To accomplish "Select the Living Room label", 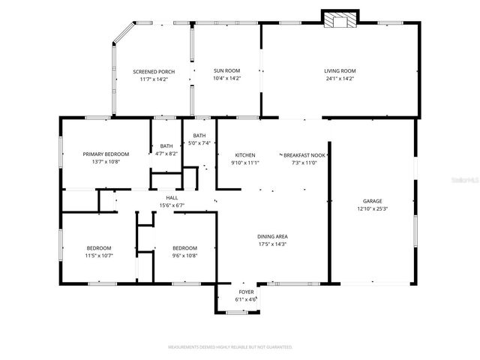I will tap(340, 71).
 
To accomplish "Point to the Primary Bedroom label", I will tap(105, 154).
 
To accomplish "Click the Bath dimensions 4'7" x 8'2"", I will tap(166, 153).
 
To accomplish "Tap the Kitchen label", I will tap(245, 154).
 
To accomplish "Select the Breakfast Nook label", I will tap(304, 154).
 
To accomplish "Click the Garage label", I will tap(373, 201).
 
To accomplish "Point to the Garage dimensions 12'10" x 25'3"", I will tap(373, 208).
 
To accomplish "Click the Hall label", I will tap(172, 198).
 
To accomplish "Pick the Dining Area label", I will tap(272, 235).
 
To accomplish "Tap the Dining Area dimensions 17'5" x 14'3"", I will tap(272, 243).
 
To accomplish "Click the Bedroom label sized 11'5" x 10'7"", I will tap(98, 248).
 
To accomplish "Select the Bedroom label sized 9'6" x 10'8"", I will tap(184, 248).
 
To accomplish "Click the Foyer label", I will tap(246, 292).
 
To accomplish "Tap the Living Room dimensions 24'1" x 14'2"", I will tap(340, 78).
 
